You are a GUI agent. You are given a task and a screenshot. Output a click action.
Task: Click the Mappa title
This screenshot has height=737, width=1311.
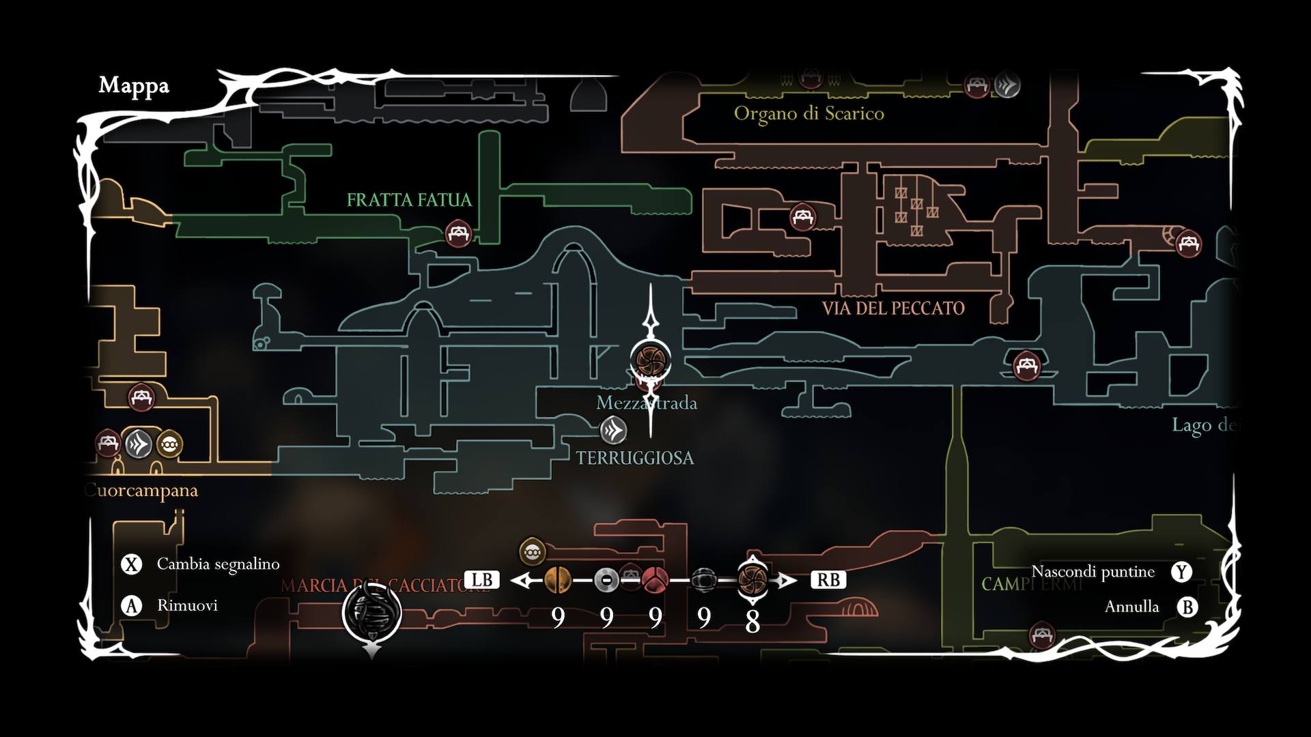pyautogui.click(x=134, y=86)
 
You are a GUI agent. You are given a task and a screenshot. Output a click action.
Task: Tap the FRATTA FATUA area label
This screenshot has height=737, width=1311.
pyautogui.click(x=409, y=200)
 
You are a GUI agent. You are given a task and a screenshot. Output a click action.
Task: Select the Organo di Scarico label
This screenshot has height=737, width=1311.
pyautogui.click(x=808, y=113)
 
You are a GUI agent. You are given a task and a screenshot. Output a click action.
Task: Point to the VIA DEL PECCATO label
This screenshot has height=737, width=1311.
pyautogui.click(x=892, y=308)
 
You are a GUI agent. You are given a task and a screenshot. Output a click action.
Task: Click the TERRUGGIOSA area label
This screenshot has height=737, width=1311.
pyautogui.click(x=635, y=458)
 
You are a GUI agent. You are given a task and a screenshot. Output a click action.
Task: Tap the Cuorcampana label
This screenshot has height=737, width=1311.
pyautogui.click(x=141, y=491)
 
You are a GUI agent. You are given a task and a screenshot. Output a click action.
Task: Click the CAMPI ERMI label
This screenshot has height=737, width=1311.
pyautogui.click(x=1031, y=585)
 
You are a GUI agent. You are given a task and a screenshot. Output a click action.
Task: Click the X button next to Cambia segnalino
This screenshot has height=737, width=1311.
pyautogui.click(x=130, y=564)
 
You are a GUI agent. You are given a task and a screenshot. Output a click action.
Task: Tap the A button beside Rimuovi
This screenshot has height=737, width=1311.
pyautogui.click(x=130, y=605)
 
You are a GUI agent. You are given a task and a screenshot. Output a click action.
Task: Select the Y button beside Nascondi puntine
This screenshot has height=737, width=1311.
pyautogui.click(x=1181, y=572)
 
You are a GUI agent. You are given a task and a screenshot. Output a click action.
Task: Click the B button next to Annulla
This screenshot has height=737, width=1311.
pyautogui.click(x=1187, y=607)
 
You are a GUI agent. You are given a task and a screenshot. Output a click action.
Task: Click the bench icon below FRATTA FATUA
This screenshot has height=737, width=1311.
pyautogui.click(x=458, y=233)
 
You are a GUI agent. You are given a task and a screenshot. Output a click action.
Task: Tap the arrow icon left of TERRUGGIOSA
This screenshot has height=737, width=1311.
pyautogui.click(x=613, y=431)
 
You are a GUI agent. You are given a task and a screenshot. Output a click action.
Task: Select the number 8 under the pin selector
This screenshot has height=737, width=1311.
pyautogui.click(x=752, y=622)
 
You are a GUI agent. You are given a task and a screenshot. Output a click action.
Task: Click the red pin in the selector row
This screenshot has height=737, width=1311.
pyautogui.click(x=654, y=580)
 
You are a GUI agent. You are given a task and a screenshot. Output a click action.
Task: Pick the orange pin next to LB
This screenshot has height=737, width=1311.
pyautogui.click(x=558, y=580)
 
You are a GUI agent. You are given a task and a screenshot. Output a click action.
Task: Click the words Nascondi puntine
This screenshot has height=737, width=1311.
pyautogui.click(x=1092, y=572)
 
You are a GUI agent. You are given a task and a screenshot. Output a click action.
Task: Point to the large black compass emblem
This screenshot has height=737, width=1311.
pyautogui.click(x=371, y=612)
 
